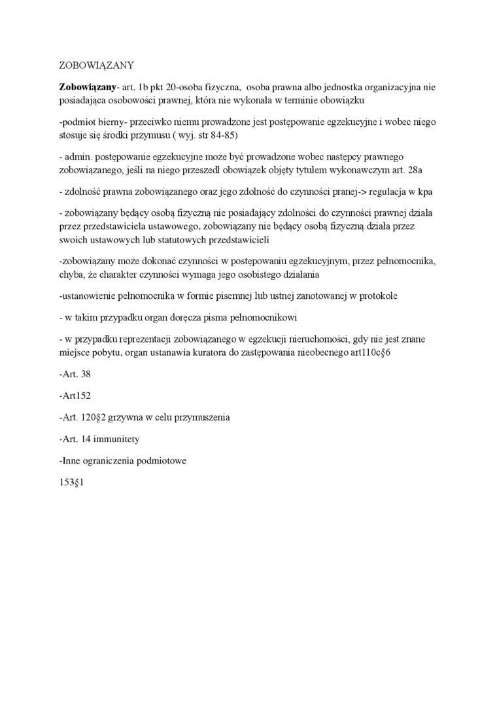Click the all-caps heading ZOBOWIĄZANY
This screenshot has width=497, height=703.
[96, 65]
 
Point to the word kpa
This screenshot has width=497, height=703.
[425, 192]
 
